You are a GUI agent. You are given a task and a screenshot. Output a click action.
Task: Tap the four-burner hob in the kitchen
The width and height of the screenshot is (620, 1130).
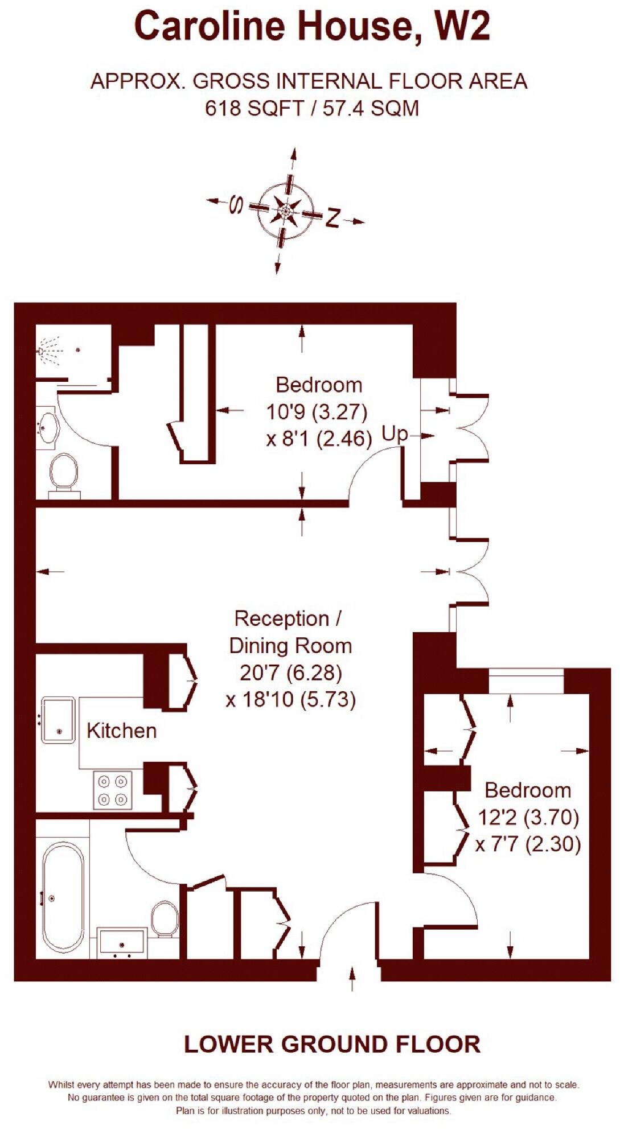click(x=112, y=790)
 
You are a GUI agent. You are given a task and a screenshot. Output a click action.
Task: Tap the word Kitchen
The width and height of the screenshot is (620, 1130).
click(x=121, y=731)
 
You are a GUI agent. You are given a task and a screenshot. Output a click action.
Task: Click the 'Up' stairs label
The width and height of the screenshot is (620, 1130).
click(x=395, y=434)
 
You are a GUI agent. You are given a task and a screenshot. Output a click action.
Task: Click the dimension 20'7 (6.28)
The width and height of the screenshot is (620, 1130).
click(x=291, y=673)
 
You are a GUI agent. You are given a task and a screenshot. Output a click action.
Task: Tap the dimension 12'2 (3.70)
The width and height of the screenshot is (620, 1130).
click(x=528, y=818)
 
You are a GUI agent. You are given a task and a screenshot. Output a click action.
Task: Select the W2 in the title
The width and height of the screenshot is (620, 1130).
click(x=461, y=27)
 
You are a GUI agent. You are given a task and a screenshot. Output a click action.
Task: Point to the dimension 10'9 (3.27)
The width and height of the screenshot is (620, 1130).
click(x=317, y=411)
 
